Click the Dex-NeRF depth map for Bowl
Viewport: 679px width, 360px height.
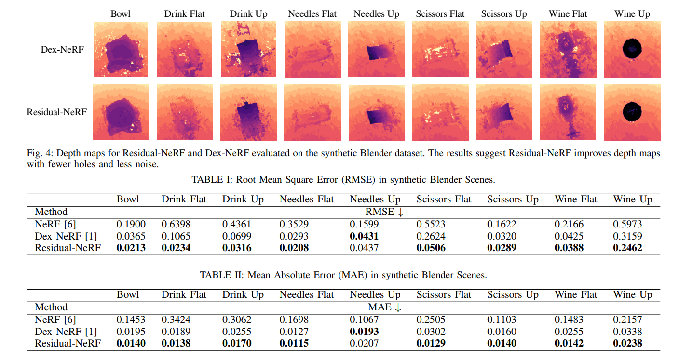tap(121, 49)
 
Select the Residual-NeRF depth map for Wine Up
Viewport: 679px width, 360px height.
tap(632, 112)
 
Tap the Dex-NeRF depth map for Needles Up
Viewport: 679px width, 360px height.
tap(376, 49)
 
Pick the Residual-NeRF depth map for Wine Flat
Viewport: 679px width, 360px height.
tap(568, 112)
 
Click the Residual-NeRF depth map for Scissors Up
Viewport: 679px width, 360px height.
tap(504, 112)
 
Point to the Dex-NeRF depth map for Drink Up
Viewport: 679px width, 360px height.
tap(248, 49)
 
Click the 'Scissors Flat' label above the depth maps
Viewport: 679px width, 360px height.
tap(440, 14)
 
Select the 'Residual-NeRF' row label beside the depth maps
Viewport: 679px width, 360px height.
tap(57, 112)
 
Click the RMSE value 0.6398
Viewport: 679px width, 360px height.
tap(176, 224)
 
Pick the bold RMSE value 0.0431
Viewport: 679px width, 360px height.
tap(365, 236)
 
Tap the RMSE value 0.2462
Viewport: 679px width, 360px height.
tap(627, 248)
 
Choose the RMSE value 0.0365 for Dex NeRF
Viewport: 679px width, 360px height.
tap(131, 236)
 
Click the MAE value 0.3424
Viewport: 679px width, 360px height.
tap(176, 320)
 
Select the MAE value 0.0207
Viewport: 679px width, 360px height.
tap(365, 344)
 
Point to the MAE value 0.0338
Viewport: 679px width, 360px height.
tap(627, 332)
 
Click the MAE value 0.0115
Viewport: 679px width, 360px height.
tap(294, 344)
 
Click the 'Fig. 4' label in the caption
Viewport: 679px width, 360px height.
tap(38, 153)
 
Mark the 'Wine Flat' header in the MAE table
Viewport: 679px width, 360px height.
tap(576, 295)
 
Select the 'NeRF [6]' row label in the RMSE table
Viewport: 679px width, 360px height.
tap(55, 224)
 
